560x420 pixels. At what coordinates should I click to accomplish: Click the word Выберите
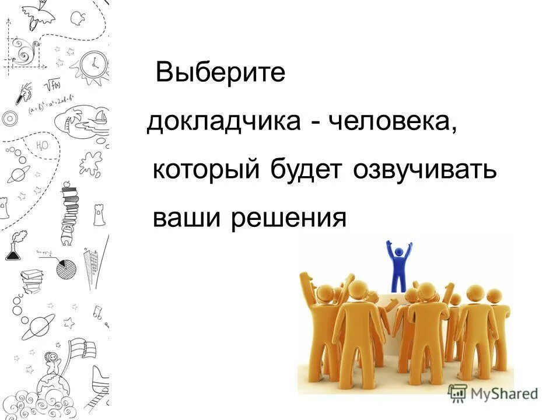point(220,73)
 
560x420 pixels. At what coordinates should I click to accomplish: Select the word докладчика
point(222,123)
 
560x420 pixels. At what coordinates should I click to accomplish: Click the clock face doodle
point(93,64)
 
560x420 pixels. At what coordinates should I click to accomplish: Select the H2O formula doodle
point(42,145)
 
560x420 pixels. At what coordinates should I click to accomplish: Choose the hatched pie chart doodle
point(66,269)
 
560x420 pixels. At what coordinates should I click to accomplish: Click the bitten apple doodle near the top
point(74,19)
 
